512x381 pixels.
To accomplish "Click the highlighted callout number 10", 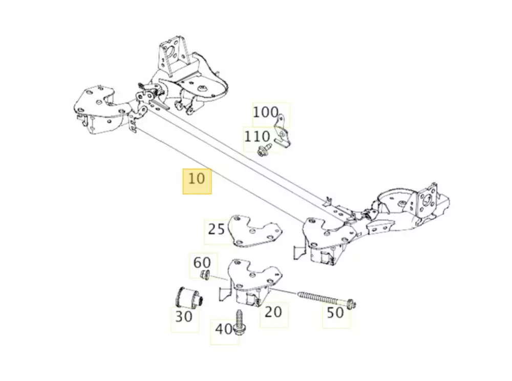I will tap(197, 179).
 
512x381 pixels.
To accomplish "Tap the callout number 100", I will tap(266, 112).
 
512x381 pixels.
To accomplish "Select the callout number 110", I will tap(257, 137).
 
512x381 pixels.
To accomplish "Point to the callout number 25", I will tap(216, 229).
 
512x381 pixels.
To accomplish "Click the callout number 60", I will tap(201, 263).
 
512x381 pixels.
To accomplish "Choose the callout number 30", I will tap(184, 317).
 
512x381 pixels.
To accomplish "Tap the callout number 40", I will tap(223, 329).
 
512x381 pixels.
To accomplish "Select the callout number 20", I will tap(273, 311).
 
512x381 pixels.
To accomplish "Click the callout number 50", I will tap(335, 312).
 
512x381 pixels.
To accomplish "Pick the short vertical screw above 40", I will tap(239, 321).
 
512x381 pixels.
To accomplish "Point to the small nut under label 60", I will tap(205, 275).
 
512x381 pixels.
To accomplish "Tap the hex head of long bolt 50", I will tap(351, 305).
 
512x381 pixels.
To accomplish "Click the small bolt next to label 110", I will tap(264, 150).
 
